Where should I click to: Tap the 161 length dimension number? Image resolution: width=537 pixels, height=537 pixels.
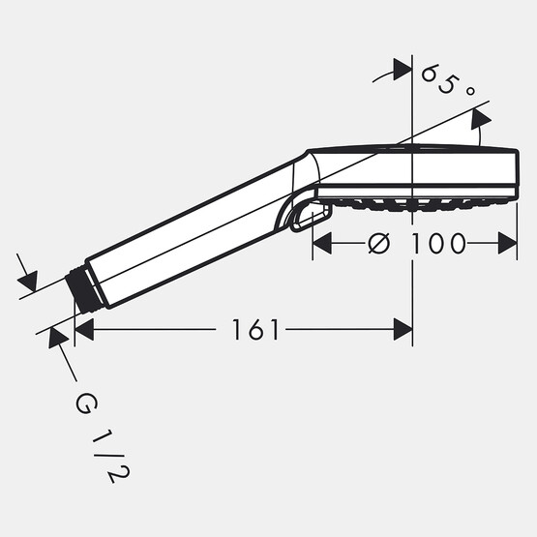pos(255,331)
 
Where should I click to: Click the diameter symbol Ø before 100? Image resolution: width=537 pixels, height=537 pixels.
pos(379,243)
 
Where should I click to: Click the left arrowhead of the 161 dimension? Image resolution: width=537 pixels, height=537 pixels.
pos(83,331)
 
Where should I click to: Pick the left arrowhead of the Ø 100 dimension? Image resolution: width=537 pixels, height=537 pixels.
pos(321,243)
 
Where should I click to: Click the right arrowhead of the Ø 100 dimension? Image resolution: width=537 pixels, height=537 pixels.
pos(508,243)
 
